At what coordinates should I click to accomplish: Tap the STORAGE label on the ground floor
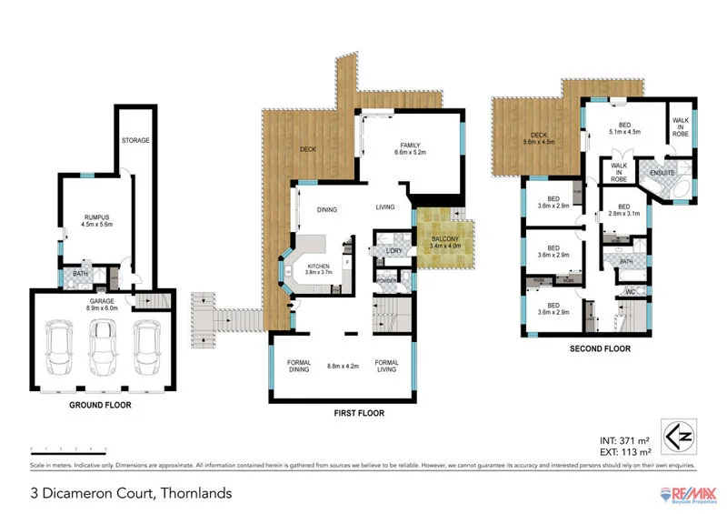[x=135, y=140]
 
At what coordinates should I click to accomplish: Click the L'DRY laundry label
[x=393, y=250]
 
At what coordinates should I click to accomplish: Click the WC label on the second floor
[x=629, y=292]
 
